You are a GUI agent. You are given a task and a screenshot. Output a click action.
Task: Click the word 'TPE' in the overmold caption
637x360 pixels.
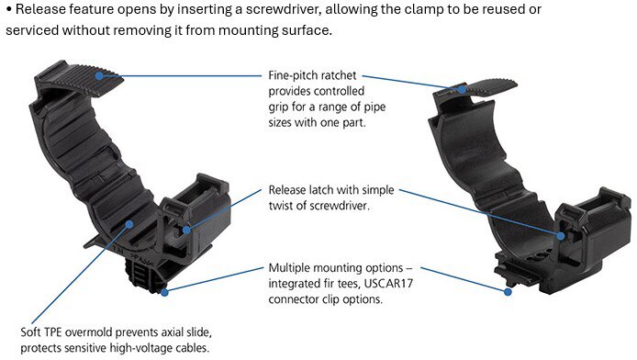pos(52,332)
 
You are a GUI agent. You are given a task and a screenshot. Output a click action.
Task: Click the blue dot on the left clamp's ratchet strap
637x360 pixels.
pos(99,76)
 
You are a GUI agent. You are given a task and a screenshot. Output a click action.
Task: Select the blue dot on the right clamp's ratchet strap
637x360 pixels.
pos(462,89)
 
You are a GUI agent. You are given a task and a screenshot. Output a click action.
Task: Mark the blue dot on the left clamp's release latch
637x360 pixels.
pos(186,230)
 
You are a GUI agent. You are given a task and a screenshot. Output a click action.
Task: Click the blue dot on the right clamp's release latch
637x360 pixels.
pos(561,236)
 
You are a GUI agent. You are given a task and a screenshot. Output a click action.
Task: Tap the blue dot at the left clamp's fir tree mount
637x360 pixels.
pos(164,292)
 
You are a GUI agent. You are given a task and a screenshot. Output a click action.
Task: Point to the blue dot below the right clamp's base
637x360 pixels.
pos(508,292)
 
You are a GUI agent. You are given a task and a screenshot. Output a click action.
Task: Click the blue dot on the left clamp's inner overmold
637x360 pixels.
pos(129,224)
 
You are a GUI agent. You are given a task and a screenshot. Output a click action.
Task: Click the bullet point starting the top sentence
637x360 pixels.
pos(8,10)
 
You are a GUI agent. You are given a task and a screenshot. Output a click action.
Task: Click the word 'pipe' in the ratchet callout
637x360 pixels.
pos(374,107)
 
